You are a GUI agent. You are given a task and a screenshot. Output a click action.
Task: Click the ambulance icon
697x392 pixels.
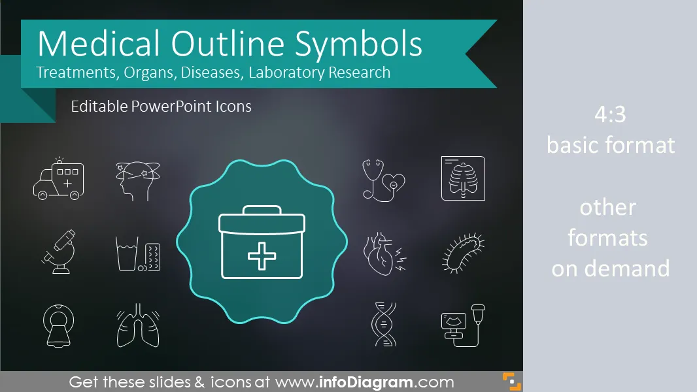click(58, 179)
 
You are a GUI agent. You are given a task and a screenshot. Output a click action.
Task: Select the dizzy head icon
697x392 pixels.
click(138, 180)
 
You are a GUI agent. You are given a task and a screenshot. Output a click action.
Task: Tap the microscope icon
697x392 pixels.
click(59, 252)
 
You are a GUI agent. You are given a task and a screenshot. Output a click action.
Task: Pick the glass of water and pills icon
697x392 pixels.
click(138, 253)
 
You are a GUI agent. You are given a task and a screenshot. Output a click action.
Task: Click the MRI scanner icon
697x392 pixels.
click(59, 325)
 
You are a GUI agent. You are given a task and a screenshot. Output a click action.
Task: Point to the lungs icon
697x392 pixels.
click(138, 325)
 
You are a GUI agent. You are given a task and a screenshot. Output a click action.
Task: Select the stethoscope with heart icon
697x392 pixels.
click(384, 180)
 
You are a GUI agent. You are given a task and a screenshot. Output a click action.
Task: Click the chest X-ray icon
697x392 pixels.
click(463, 178)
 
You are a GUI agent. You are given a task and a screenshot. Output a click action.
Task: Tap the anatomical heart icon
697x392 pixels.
click(384, 253)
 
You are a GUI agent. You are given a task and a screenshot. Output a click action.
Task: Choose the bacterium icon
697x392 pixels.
click(463, 253)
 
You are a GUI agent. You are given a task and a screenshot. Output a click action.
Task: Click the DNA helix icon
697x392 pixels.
click(384, 325)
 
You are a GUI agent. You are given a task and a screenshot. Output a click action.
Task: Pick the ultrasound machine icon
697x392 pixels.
click(463, 325)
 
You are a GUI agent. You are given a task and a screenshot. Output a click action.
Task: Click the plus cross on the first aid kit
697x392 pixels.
click(262, 256)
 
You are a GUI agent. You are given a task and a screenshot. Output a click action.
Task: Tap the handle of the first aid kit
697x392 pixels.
click(262, 210)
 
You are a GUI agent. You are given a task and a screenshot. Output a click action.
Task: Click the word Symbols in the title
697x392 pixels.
click(358, 44)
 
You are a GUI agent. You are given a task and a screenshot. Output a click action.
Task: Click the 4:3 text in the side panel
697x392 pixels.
click(610, 114)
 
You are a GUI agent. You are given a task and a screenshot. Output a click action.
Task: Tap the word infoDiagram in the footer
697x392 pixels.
click(366, 382)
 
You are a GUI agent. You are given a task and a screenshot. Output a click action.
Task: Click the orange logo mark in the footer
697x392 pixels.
click(512, 382)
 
